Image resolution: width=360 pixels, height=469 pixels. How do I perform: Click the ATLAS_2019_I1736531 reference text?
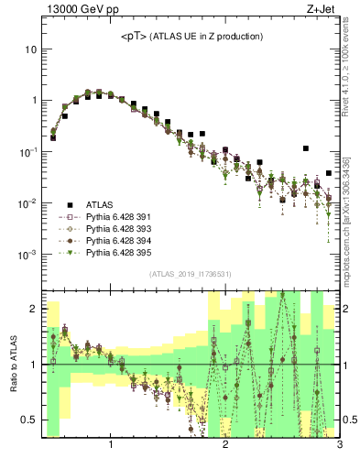pyautogui.click(x=191, y=274)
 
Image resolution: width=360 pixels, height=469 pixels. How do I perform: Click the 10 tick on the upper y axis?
pyautogui.click(x=31, y=49)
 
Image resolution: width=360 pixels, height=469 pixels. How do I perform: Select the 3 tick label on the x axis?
pyautogui.click(x=339, y=446)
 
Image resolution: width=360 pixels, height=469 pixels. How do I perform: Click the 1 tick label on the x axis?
pyautogui.click(x=111, y=446)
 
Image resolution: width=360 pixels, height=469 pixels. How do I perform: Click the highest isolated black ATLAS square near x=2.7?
pyautogui.click(x=306, y=148)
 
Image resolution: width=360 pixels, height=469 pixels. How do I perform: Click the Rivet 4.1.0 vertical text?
pyautogui.click(x=353, y=73)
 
